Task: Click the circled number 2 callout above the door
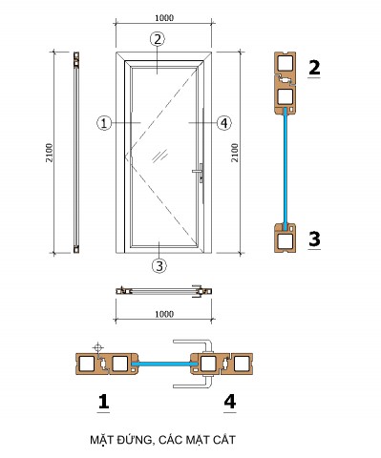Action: pyautogui.click(x=158, y=39)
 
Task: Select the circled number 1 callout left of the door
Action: pyautogui.click(x=104, y=123)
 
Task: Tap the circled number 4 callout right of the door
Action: pyautogui.click(x=224, y=123)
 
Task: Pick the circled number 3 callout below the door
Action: pyautogui.click(x=159, y=265)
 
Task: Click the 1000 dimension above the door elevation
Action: pyautogui.click(x=164, y=18)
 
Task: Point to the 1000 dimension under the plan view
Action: pyautogui.click(x=164, y=314)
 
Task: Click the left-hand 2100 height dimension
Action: pyautogui.click(x=50, y=153)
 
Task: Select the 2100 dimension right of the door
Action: pyautogui.click(x=235, y=153)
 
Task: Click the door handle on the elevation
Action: pyautogui.click(x=198, y=172)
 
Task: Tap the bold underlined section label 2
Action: pyautogui.click(x=314, y=68)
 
